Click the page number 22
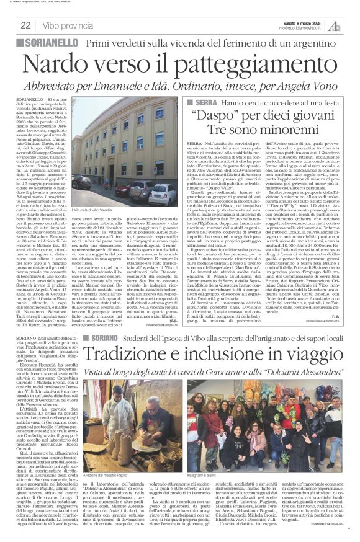coord(25,25)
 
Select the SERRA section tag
coord(203,101)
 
